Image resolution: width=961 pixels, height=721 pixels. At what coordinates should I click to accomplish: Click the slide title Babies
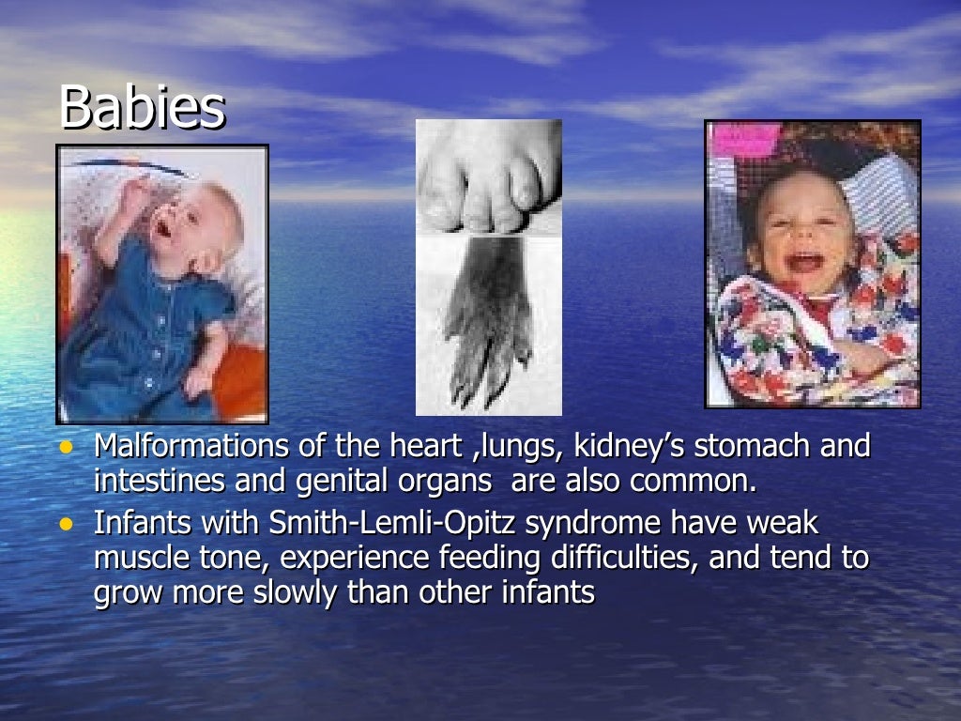(x=142, y=109)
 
